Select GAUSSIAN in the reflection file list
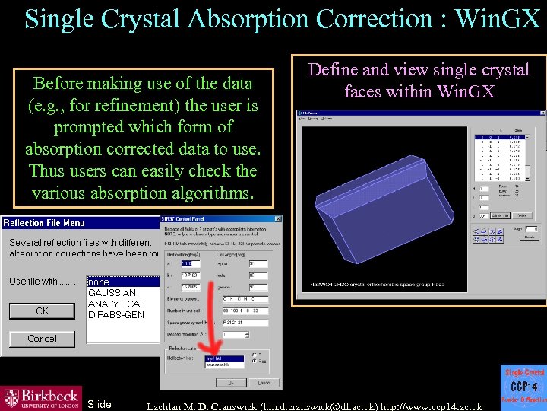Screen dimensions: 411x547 coord(112,293)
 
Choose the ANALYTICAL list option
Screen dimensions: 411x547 coord(116,304)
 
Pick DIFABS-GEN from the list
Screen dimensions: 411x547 coord(116,315)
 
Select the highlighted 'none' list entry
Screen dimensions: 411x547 coord(100,282)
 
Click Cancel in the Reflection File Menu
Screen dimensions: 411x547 coord(42,339)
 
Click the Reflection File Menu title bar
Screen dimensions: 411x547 coord(76,223)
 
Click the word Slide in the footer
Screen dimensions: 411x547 coord(100,404)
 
